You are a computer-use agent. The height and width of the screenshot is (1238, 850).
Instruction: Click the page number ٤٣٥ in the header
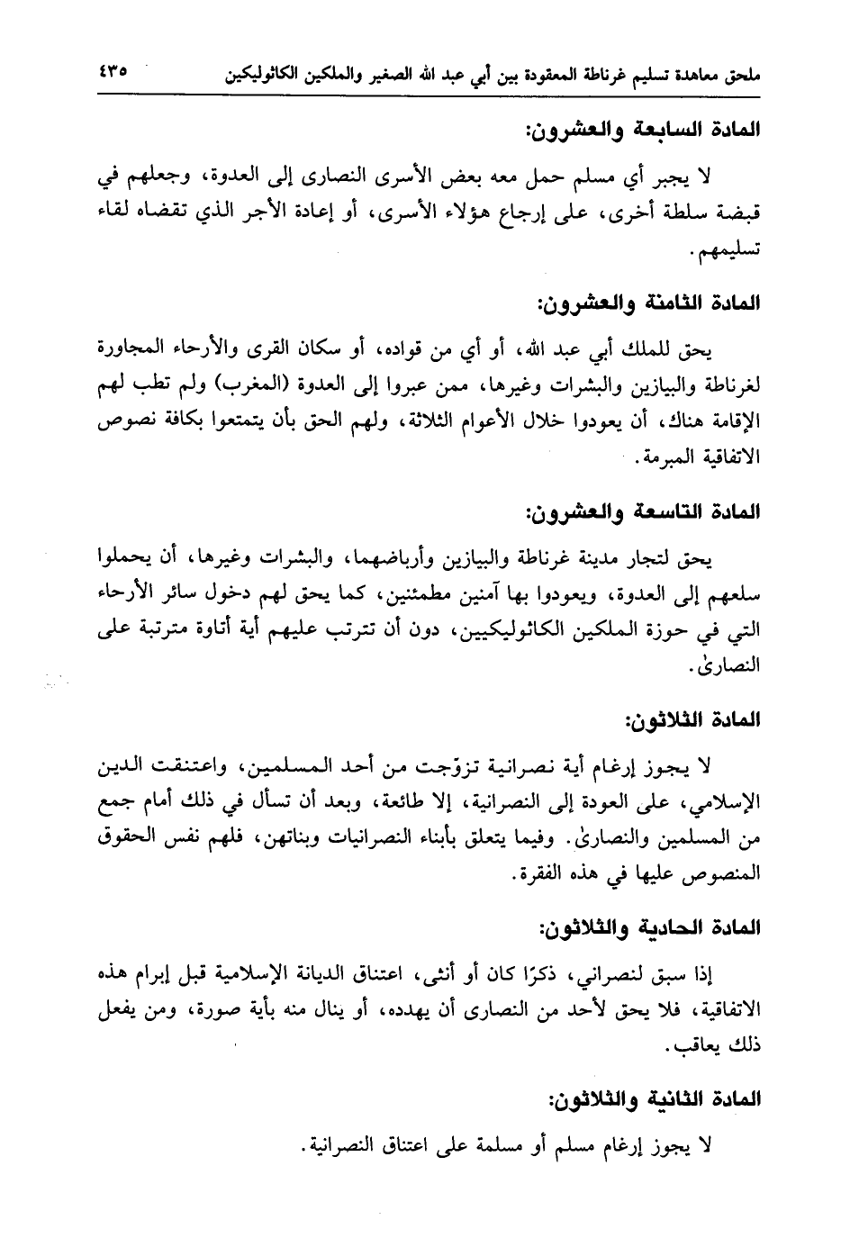point(110,69)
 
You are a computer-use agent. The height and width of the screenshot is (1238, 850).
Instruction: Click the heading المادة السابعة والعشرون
point(642,131)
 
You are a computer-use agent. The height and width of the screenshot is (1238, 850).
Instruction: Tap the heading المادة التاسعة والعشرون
point(642,512)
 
